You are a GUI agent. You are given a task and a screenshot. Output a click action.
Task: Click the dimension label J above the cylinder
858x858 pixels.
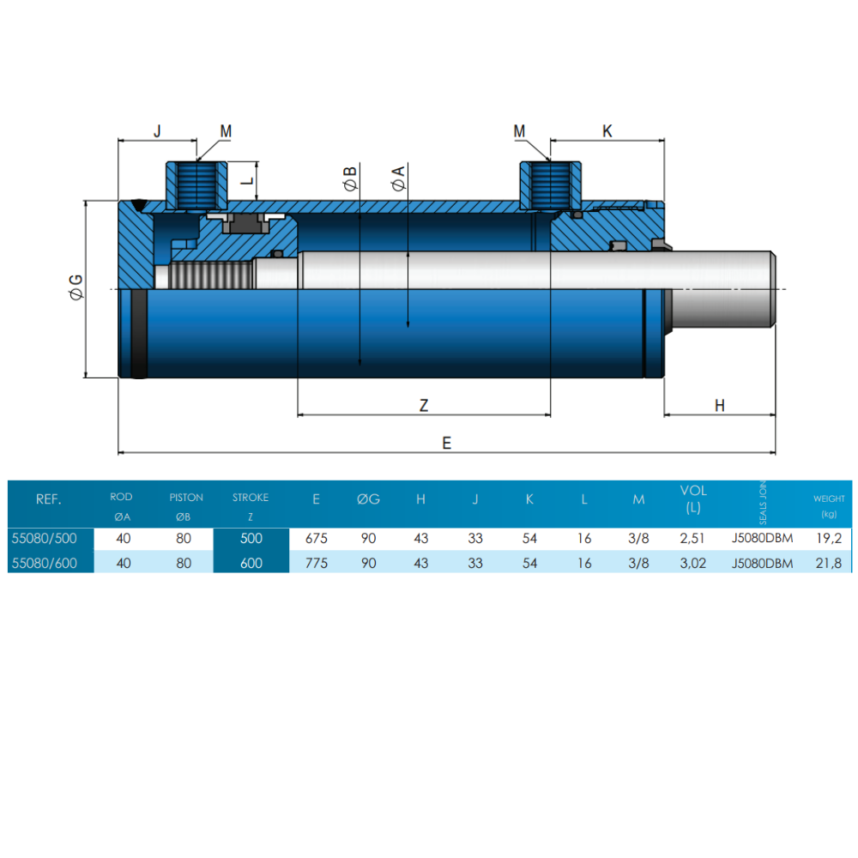point(157,131)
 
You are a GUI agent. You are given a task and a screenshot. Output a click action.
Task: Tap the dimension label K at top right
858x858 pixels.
point(607,131)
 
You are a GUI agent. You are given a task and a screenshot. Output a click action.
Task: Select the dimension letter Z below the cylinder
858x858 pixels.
point(423,406)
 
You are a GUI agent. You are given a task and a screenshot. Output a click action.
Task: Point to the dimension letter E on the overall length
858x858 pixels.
point(446,443)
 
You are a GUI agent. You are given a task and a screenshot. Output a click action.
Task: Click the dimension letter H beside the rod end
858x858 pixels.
point(720,406)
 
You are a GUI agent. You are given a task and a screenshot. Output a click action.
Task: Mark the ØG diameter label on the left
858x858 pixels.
point(76,287)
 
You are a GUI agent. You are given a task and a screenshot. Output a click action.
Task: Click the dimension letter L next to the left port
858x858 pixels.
point(246,181)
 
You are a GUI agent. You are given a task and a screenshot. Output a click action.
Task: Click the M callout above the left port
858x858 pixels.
point(226,131)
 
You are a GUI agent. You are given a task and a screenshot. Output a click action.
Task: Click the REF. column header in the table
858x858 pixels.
point(48,499)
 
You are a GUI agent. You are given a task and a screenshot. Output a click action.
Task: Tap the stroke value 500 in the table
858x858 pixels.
point(251,539)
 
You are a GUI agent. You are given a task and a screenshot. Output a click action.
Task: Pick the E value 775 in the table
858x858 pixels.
point(317,563)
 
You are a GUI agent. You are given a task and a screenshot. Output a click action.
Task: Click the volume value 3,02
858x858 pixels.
point(693,563)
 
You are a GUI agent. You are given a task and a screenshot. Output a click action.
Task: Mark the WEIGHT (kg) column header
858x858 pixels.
point(828,505)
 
